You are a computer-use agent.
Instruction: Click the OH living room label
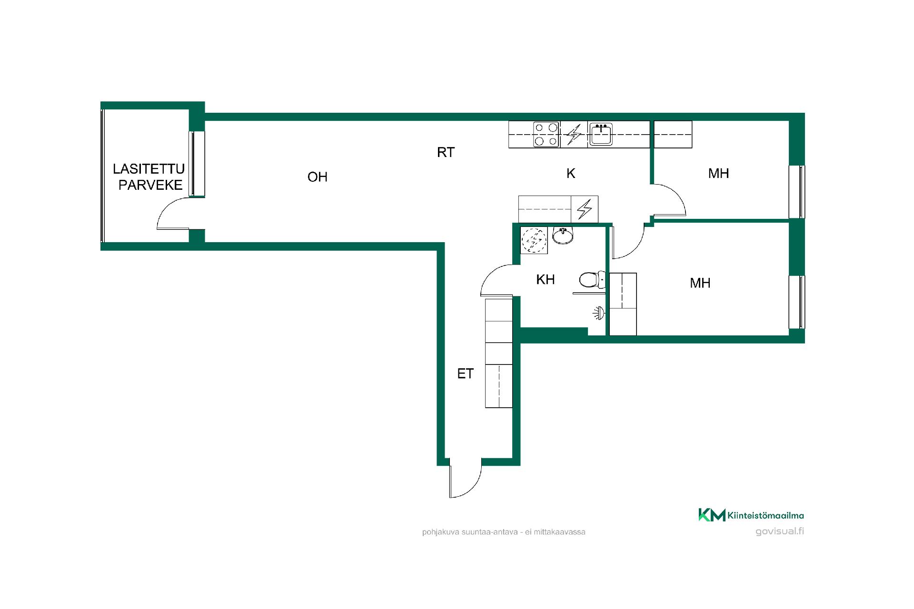318,177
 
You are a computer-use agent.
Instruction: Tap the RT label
446,152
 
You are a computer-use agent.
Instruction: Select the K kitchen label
571,174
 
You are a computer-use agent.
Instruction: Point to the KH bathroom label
546,279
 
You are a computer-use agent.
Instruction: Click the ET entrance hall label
466,374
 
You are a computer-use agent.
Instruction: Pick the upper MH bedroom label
718,173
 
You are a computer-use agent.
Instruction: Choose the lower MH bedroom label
700,283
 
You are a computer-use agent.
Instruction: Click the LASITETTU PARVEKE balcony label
149,177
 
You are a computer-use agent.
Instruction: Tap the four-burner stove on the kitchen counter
546,134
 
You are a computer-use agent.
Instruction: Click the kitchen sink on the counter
601,134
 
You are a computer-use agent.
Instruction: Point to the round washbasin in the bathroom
563,235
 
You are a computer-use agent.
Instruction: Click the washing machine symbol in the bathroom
534,240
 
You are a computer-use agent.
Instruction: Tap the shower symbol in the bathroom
598,314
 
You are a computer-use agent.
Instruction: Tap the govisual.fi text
779,531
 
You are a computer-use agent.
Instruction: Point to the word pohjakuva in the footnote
440,532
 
